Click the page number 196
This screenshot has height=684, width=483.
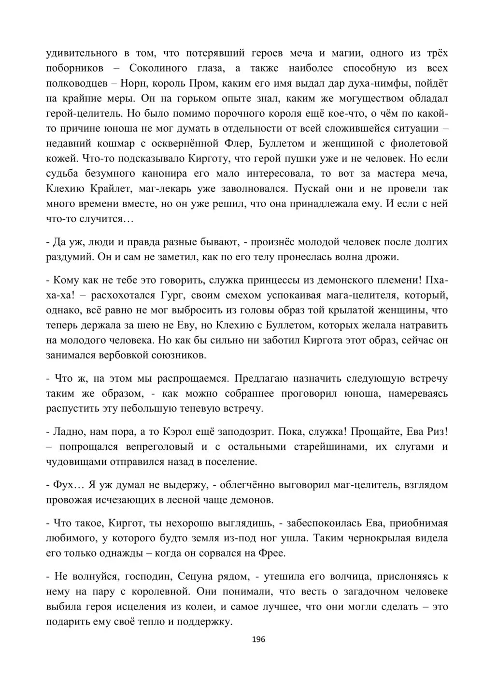click(x=259, y=639)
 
